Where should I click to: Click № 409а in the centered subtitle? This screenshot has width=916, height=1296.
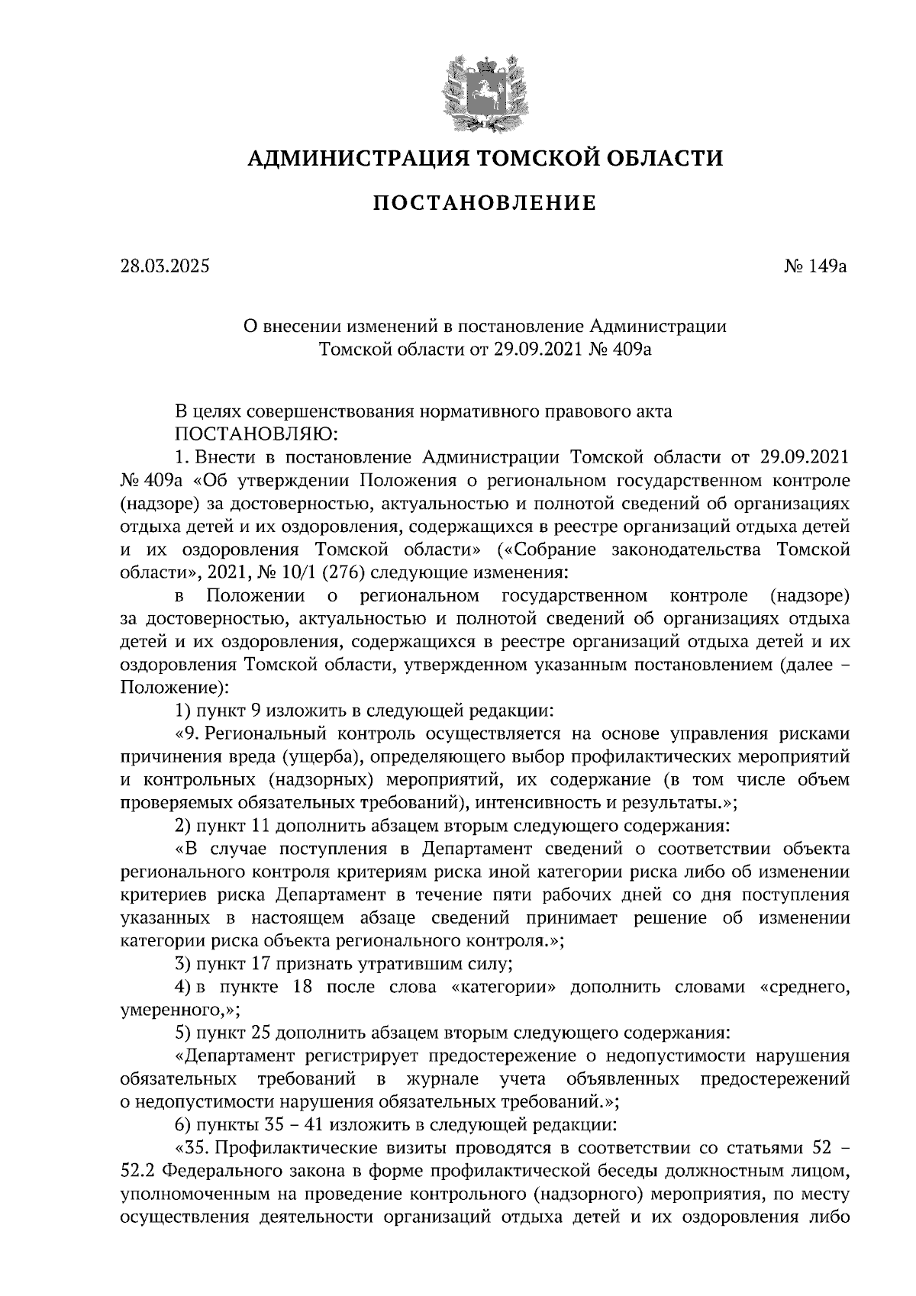[x=623, y=350]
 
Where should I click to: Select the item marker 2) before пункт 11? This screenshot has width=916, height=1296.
[x=182, y=824]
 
